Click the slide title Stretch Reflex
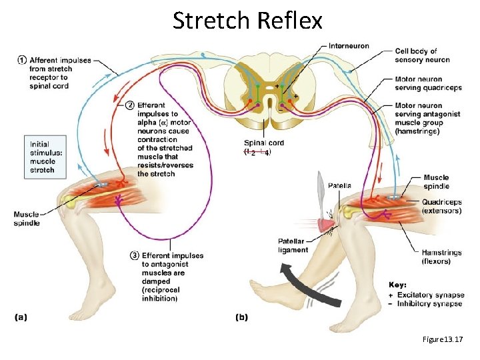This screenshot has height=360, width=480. [247, 21]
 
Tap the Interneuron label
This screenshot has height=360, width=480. [349, 47]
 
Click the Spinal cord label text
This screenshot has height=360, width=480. [263, 143]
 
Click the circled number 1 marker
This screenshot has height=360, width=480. [22, 60]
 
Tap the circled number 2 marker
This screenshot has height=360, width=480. [129, 105]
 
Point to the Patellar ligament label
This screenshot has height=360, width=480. [293, 245]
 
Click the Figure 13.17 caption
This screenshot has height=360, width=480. [442, 340]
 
